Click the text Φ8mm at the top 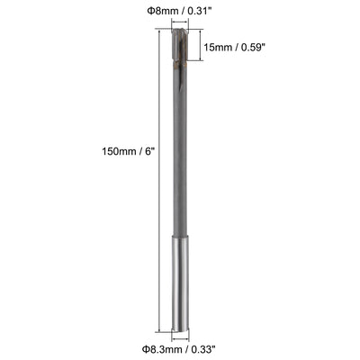click(161, 11)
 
